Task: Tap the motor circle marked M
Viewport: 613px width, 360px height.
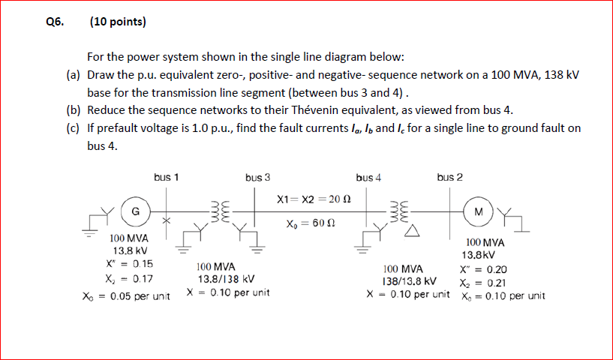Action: click(477, 211)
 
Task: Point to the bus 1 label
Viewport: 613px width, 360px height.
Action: click(166, 178)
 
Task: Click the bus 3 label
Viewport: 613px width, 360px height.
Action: click(257, 178)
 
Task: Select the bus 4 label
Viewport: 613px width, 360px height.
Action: click(368, 178)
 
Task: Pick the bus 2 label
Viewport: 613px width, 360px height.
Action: click(449, 178)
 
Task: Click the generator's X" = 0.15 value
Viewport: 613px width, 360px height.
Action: click(131, 263)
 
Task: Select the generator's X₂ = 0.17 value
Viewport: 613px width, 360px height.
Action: click(131, 278)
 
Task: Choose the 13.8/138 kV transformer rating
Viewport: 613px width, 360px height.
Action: click(225, 279)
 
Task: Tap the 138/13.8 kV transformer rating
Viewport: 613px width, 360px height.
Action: click(410, 281)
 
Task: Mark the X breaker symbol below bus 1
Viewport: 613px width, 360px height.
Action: click(167, 222)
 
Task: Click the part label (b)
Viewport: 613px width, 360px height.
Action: click(73, 110)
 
